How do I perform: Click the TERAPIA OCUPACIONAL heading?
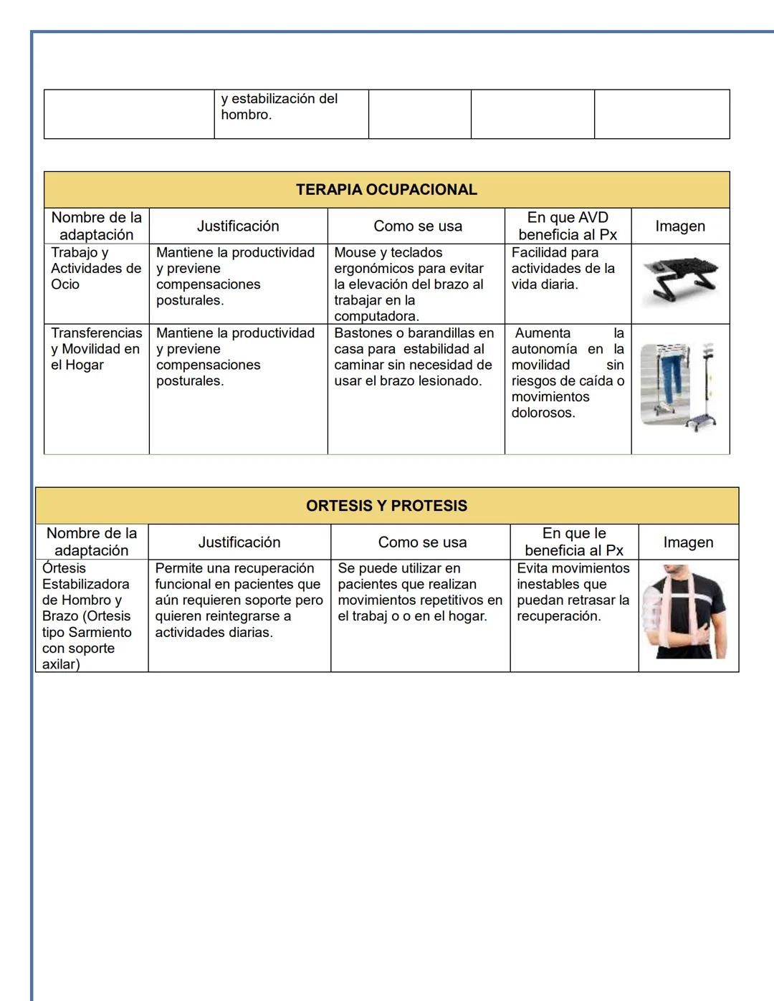386,190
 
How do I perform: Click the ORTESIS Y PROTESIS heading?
386,506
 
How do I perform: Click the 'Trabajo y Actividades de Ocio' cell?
96,269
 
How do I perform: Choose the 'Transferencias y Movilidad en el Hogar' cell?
96,349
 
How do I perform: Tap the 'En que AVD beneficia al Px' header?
567,226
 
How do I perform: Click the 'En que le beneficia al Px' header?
573,542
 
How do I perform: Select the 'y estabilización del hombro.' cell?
279,107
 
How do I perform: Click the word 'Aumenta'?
543,333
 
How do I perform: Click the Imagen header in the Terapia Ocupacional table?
679,226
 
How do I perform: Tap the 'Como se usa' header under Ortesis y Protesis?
422,542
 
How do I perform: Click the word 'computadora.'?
376,316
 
